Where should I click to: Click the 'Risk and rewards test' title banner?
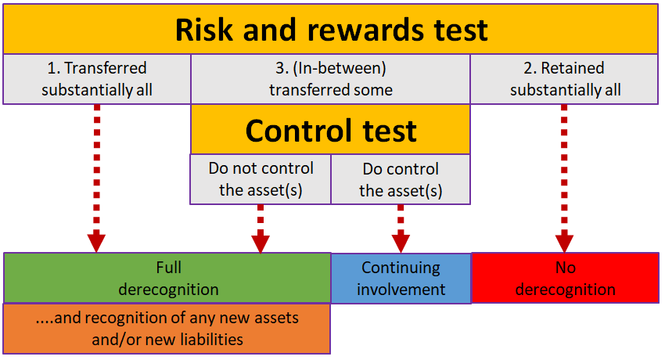(x=332, y=30)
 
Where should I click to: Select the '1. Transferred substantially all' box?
(x=97, y=79)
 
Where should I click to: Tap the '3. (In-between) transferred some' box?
(x=331, y=79)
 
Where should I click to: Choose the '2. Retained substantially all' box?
(x=565, y=79)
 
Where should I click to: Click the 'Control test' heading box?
(x=331, y=129)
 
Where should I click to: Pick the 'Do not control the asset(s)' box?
(x=261, y=179)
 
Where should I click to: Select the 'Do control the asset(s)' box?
(x=401, y=179)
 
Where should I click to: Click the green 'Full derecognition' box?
(x=167, y=278)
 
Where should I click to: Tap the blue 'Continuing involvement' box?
(x=401, y=278)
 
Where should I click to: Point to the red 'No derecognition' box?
(x=565, y=278)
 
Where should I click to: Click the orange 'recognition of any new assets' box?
(x=167, y=329)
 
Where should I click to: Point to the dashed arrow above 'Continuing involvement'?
(x=401, y=227)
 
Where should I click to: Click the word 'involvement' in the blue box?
(x=401, y=289)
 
